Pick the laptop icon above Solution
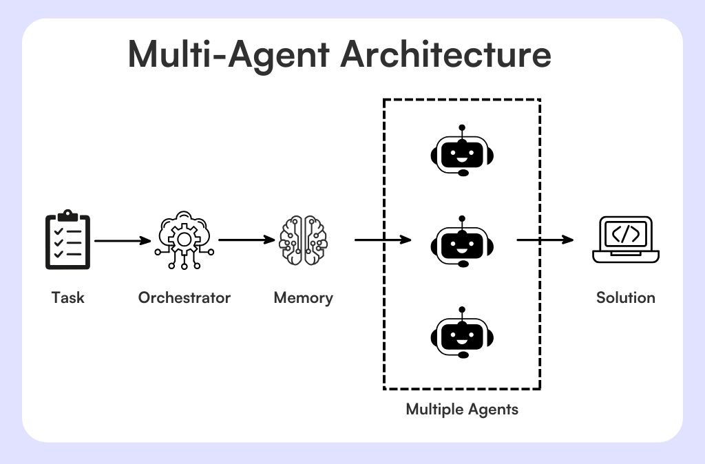[625, 240]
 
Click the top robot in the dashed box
[462, 152]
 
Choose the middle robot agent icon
[462, 242]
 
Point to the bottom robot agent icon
[462, 333]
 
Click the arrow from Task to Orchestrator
[122, 241]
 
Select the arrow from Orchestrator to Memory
[246, 240]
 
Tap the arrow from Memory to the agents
[382, 240]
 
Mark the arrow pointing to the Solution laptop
[545, 240]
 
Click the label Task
[67, 298]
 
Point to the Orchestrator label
[184, 298]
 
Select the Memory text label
[303, 298]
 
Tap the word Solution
[625, 298]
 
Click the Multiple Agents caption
[462, 410]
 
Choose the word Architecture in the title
[445, 55]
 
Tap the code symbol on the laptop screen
[625, 234]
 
